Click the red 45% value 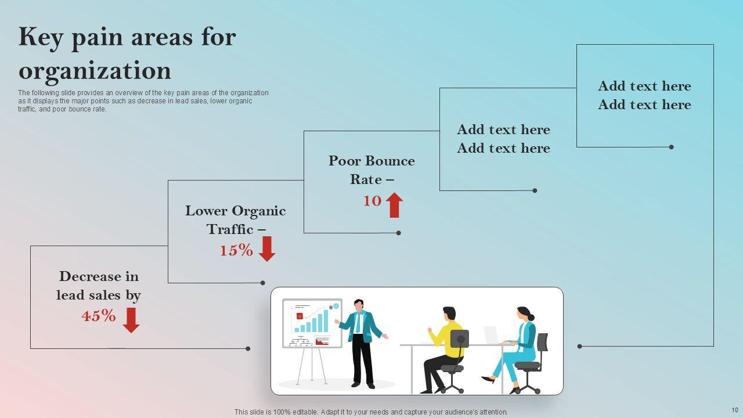click(99, 316)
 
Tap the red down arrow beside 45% click(131, 320)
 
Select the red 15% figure click(236, 251)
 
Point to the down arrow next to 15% click(267, 249)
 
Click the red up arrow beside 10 click(395, 205)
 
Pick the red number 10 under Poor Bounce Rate click(372, 201)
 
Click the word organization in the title click(95, 71)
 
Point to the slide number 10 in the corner click(735, 410)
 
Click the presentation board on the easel click(312, 323)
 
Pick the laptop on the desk click(491, 334)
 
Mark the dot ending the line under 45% click(248, 348)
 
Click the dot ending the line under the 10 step click(399, 233)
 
